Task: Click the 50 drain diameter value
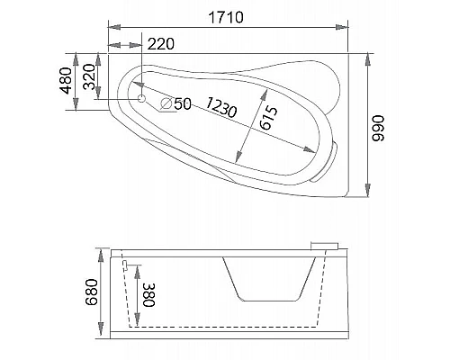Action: point(182,103)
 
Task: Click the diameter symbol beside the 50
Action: point(166,103)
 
